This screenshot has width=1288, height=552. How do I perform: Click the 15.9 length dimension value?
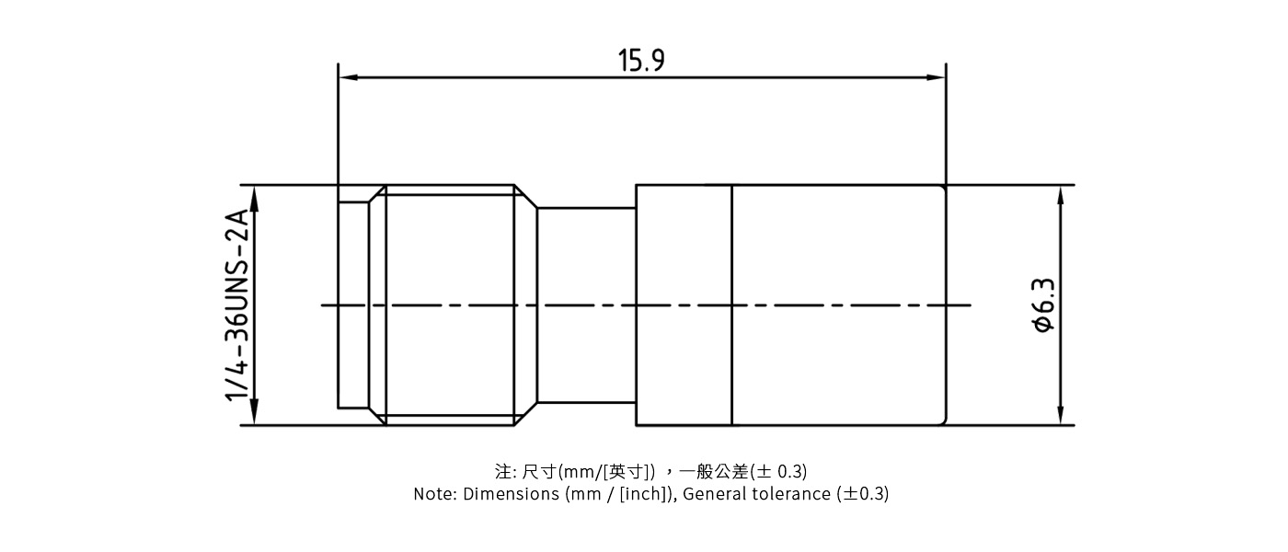641,61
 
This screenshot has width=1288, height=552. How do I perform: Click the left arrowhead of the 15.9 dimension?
348,77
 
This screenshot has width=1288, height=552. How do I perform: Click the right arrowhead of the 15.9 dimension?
937,77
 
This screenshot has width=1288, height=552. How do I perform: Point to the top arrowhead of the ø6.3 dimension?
1061,194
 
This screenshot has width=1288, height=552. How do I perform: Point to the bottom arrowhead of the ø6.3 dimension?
1061,416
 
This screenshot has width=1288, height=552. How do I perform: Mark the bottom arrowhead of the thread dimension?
255,416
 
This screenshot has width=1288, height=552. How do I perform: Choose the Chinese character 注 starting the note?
503,472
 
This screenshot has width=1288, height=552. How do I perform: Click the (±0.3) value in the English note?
862,494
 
